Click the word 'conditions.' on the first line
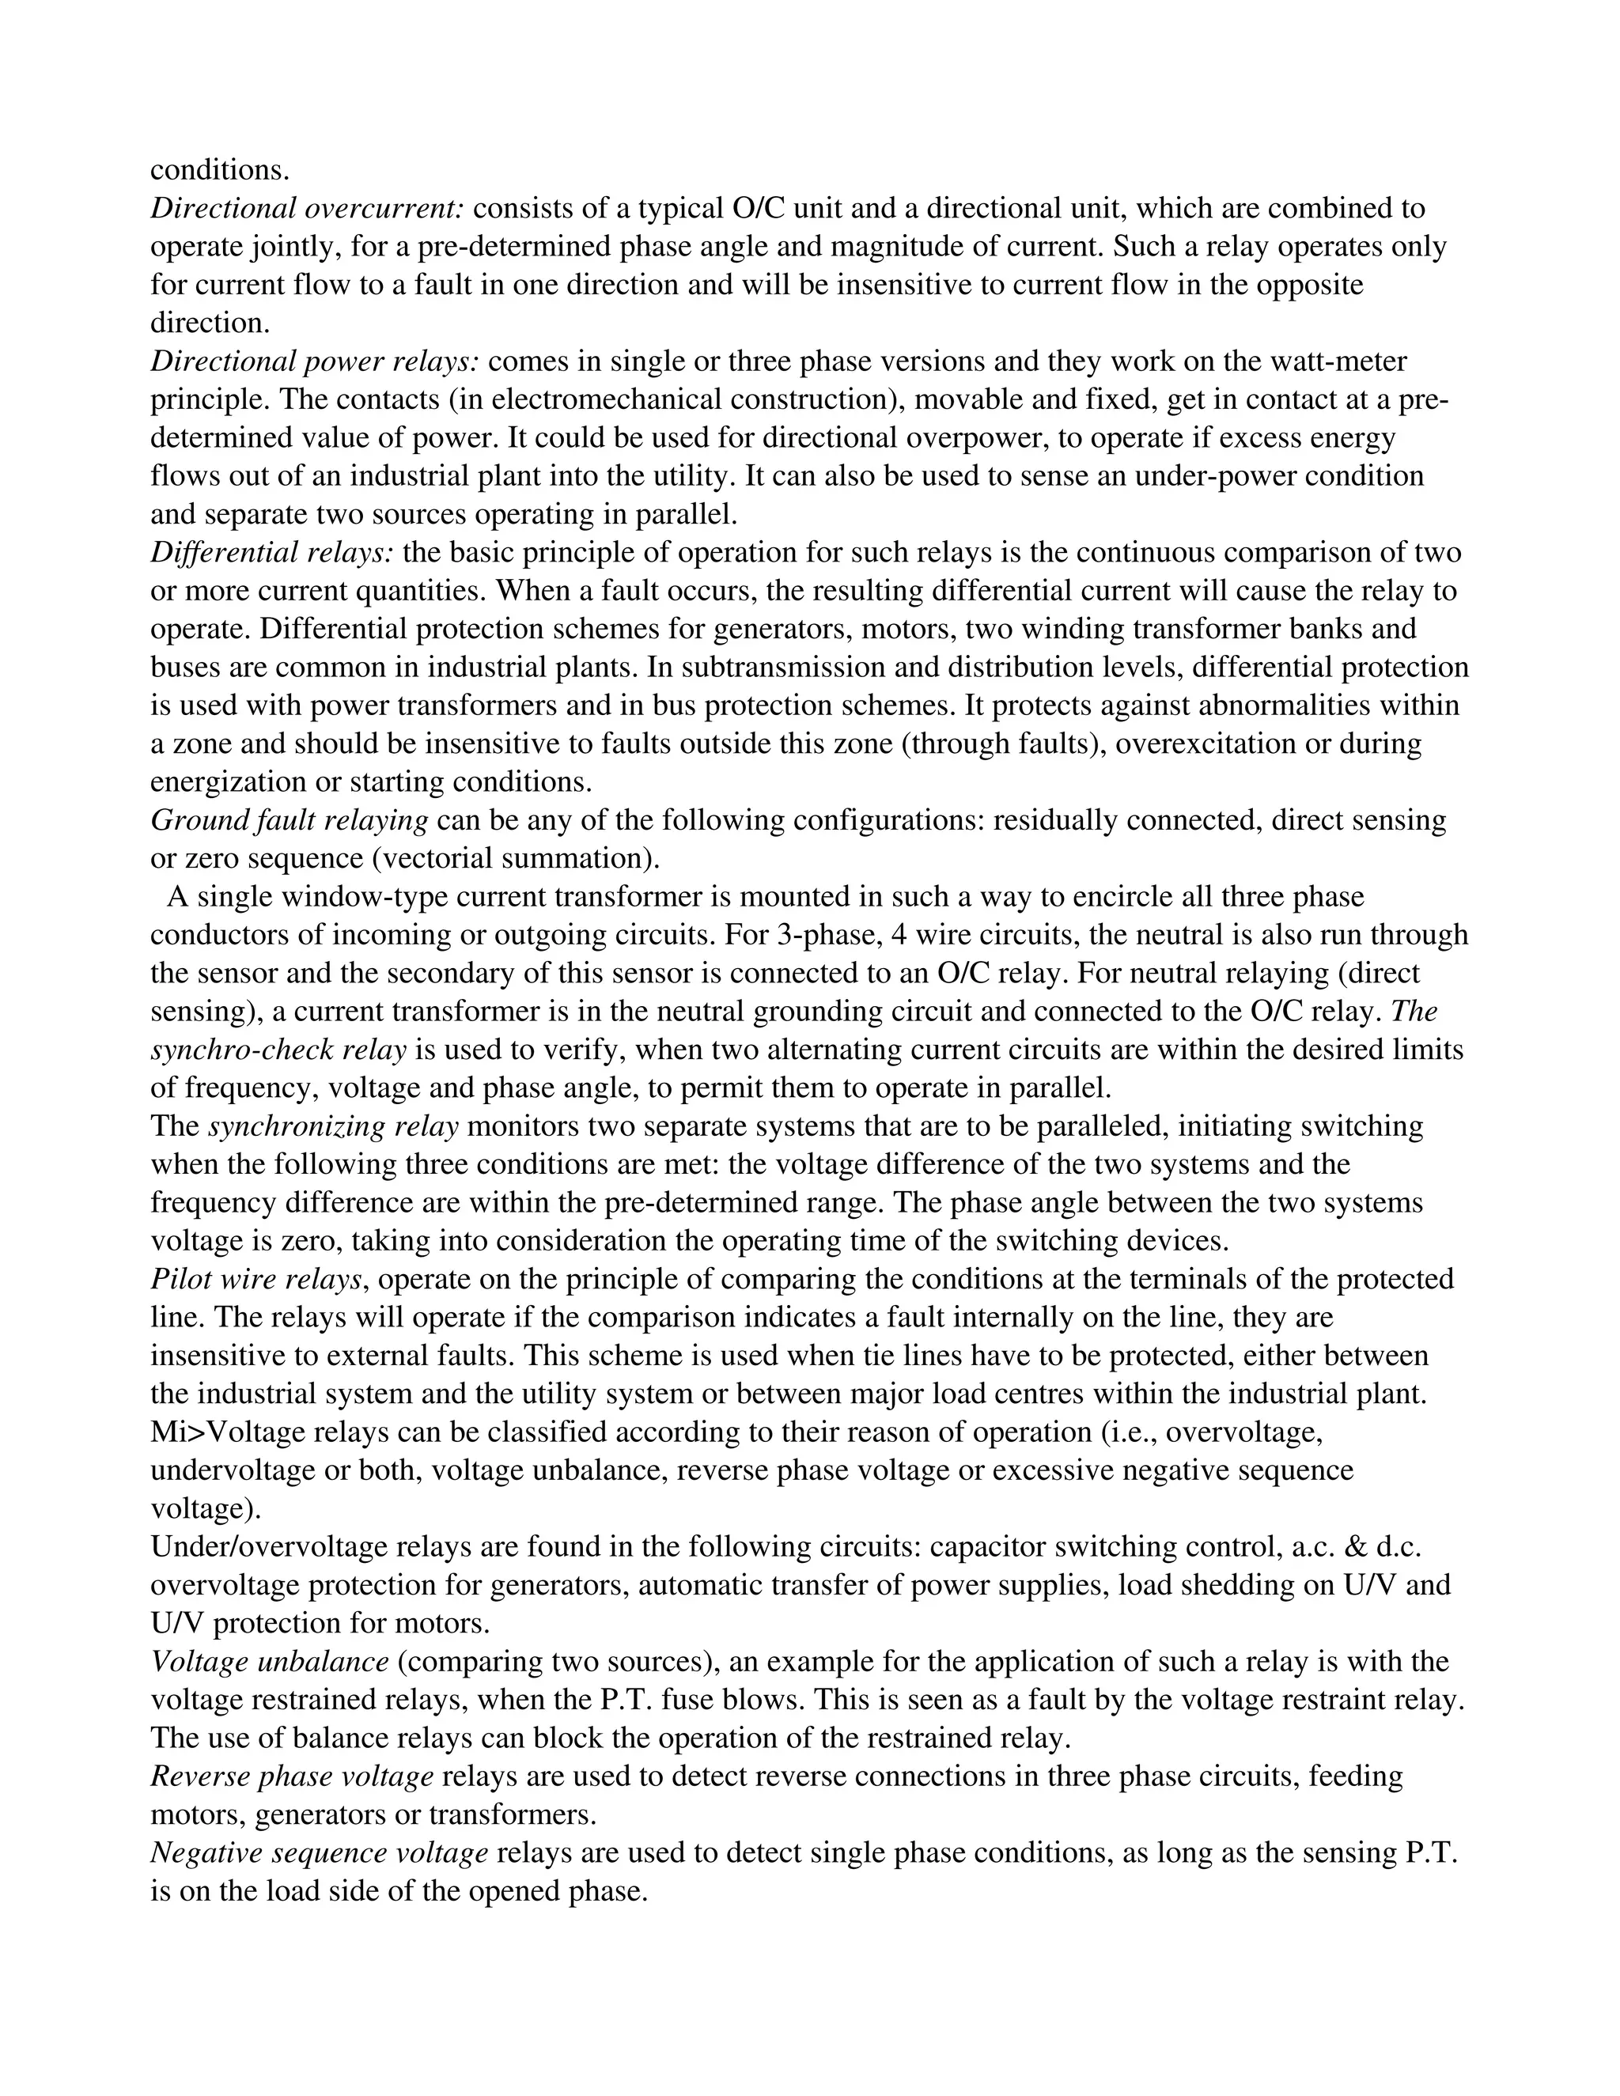click(220, 170)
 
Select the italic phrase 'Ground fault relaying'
click(289, 820)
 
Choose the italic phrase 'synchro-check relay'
click(278, 1050)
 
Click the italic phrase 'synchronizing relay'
click(333, 1126)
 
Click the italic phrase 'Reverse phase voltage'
click(293, 1776)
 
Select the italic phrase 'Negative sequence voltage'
click(320, 1853)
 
